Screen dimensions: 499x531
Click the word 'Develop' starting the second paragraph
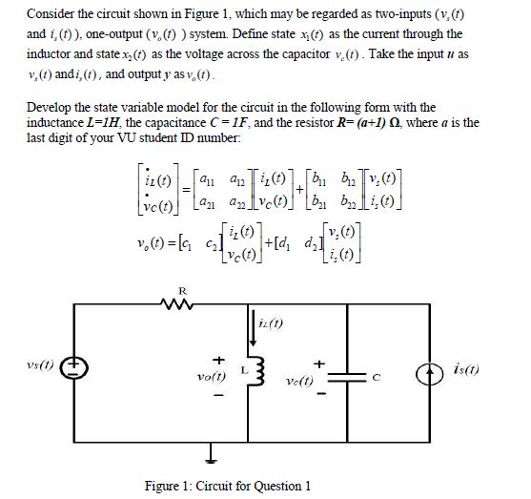[49, 108]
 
